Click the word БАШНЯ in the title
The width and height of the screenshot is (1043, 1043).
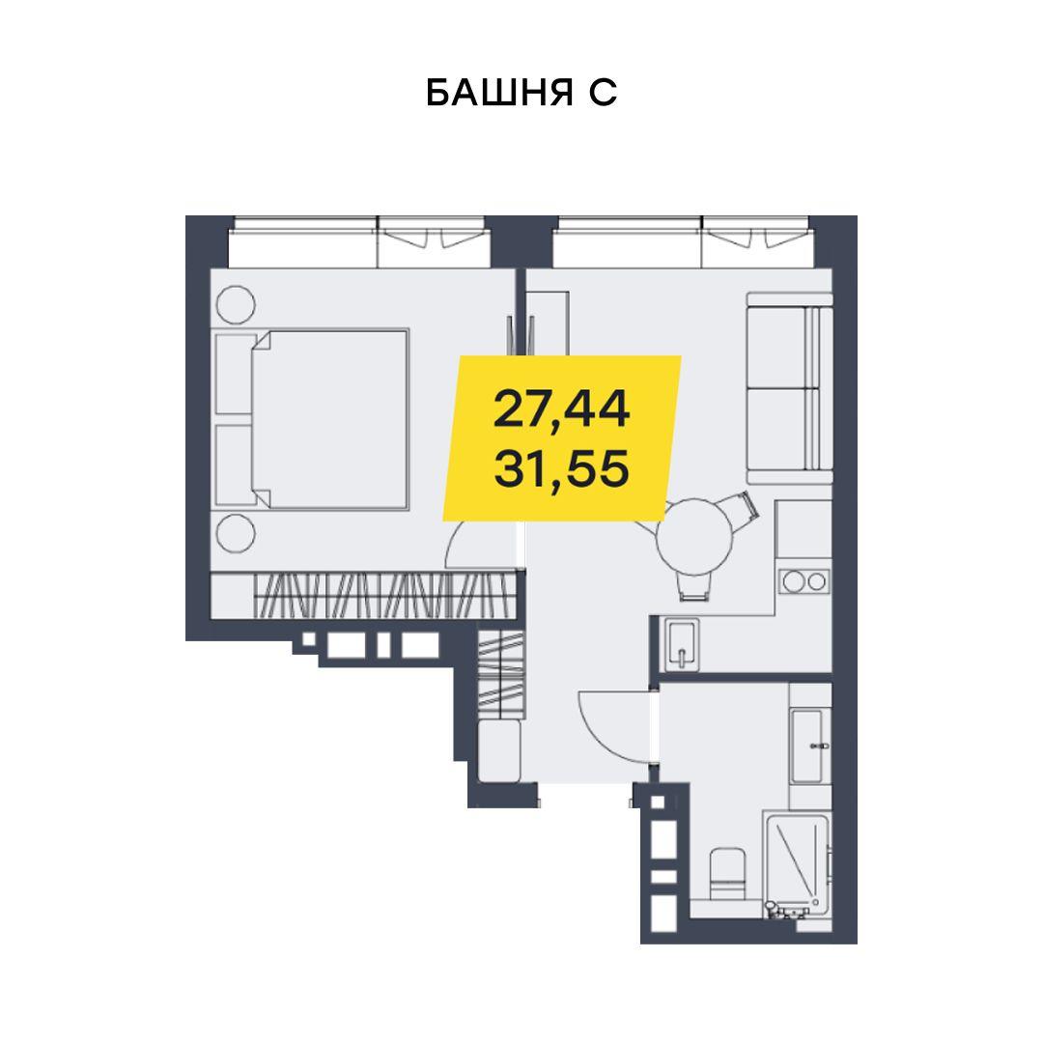click(x=499, y=93)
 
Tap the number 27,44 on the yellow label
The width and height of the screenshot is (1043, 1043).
click(x=561, y=409)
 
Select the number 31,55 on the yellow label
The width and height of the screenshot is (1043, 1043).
click(x=561, y=468)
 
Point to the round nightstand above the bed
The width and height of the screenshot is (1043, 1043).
click(x=236, y=305)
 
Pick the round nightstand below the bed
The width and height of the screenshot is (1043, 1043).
click(x=236, y=533)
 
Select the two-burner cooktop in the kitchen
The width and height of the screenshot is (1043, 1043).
click(x=805, y=581)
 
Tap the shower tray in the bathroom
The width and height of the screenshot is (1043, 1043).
click(x=797, y=863)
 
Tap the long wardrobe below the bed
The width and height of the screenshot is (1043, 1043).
click(x=364, y=595)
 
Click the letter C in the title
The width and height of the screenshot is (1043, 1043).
click(x=603, y=93)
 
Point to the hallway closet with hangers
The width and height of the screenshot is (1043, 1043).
click(x=501, y=674)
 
